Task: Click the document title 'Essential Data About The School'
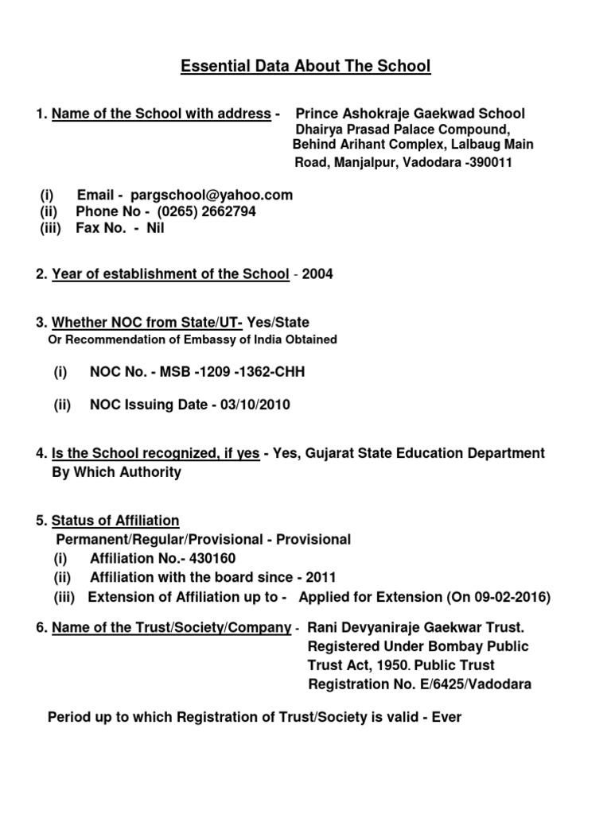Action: (305, 67)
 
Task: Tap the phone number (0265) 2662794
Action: (207, 211)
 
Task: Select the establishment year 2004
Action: (318, 274)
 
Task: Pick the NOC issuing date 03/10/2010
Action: (247, 405)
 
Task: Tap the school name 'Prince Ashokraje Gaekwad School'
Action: (411, 114)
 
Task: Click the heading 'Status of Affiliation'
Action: (115, 521)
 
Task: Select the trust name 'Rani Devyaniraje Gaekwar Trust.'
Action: (416, 628)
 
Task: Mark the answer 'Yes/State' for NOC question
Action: (278, 322)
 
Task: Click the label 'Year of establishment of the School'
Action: (170, 274)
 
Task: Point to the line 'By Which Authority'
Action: (116, 472)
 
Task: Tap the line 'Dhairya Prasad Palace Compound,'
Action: (403, 130)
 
